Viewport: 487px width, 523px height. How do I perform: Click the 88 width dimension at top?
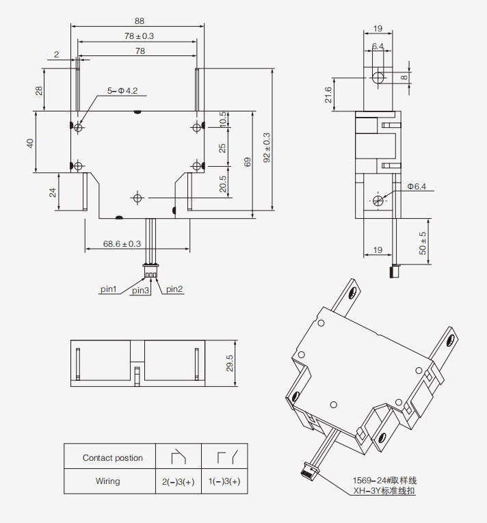(140, 21)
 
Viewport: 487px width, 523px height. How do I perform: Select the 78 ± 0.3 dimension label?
(139, 36)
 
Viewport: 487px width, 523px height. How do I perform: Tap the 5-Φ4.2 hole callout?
(122, 90)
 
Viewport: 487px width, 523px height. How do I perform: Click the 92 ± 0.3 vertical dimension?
(267, 147)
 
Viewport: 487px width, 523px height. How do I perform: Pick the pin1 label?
(109, 289)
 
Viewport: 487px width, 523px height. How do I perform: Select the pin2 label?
(174, 289)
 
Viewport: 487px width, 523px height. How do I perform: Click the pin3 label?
(140, 291)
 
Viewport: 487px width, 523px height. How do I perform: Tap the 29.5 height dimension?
(231, 363)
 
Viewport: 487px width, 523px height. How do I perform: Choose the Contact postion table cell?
(113, 458)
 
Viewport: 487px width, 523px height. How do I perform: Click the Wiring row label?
(108, 481)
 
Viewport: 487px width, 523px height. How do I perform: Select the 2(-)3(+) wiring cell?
(179, 482)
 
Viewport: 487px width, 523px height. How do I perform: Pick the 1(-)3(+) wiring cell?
(224, 482)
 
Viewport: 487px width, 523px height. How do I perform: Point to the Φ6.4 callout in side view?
(417, 186)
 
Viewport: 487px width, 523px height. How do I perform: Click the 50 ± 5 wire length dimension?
(423, 243)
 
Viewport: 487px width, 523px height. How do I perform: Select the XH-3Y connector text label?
(384, 491)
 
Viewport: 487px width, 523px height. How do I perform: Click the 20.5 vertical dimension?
(223, 184)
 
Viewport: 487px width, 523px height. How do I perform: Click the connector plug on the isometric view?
(309, 470)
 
